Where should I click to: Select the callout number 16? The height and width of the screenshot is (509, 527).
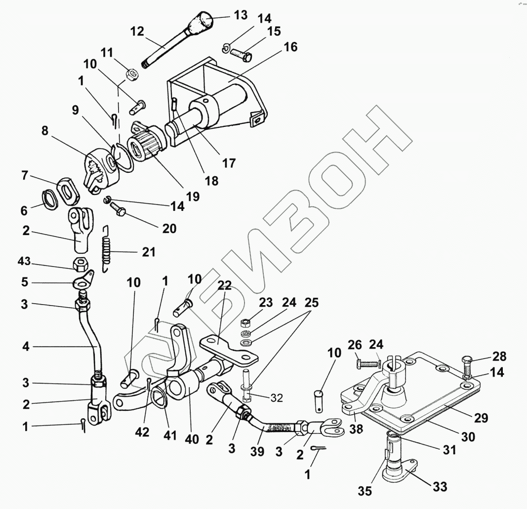pos(290,47)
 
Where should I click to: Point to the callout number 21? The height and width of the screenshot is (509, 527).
pos(148,252)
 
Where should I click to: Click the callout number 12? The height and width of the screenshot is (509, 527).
pos(137,32)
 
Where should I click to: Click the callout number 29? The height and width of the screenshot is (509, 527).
pos(481,418)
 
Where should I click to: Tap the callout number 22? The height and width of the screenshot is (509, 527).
pos(224,285)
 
